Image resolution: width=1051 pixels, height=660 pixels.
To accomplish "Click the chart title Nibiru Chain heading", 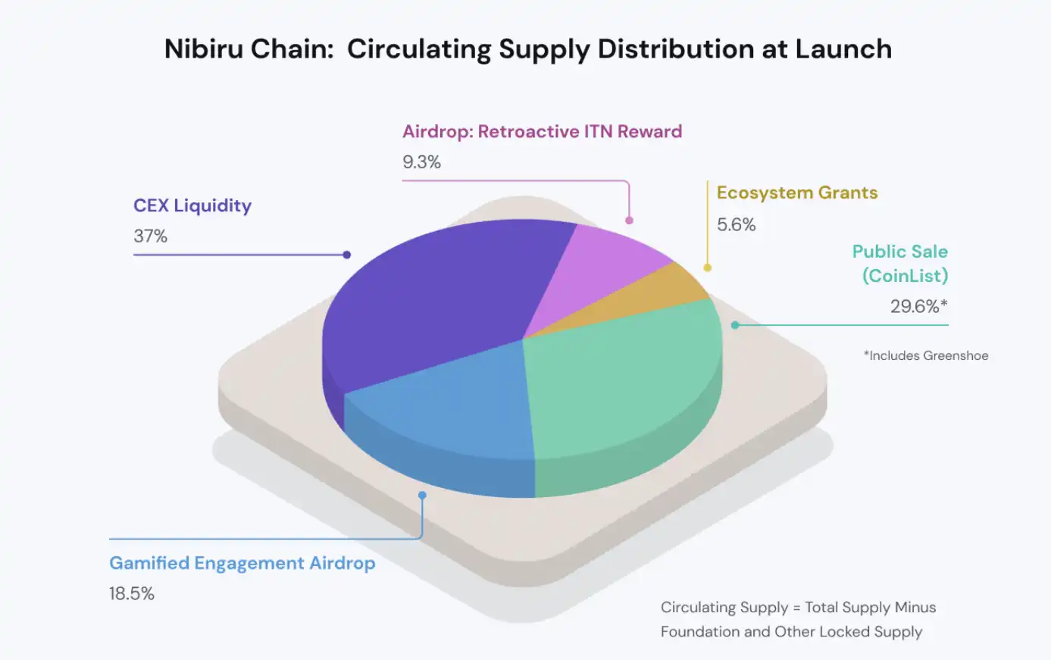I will pos(528,49).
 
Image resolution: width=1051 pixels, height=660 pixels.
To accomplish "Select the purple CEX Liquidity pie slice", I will pos(432,296).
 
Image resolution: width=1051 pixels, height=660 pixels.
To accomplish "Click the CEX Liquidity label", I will pos(192,205).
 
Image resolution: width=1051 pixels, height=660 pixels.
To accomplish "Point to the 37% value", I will pos(150,236).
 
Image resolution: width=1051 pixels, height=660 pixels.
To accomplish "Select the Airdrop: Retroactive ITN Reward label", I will pos(542,131).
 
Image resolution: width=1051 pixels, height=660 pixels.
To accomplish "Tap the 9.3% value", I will pos(421,162).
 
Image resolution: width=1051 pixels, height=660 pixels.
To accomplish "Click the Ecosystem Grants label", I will pos(797,192).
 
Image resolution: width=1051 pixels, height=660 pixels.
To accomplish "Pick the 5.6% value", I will pos(736,224).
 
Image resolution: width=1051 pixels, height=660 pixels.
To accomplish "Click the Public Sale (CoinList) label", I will pos(900,263).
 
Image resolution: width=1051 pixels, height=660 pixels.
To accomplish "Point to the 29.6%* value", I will pos(918,306).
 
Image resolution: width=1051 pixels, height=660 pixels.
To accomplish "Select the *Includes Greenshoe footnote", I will pos(925,355).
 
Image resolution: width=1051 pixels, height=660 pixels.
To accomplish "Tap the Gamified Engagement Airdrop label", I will pos(242,563).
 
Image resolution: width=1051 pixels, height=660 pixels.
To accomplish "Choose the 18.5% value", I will pos(132,593).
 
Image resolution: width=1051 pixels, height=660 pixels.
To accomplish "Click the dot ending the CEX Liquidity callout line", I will pos(346,255).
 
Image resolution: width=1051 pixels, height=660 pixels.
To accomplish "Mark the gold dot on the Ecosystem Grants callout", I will pos(707,267).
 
